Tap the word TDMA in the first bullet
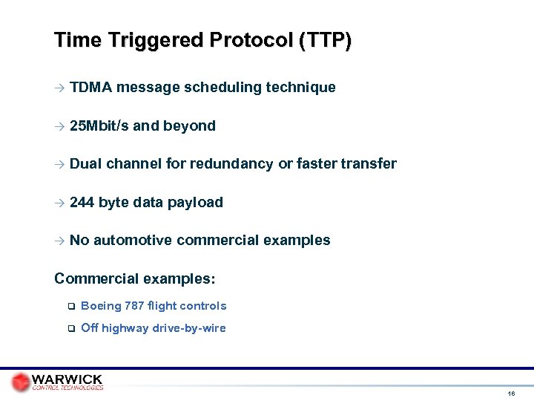90,88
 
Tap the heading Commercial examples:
135,279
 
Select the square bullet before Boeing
70,307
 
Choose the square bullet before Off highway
70,329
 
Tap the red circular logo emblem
21,382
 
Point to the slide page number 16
511,393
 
